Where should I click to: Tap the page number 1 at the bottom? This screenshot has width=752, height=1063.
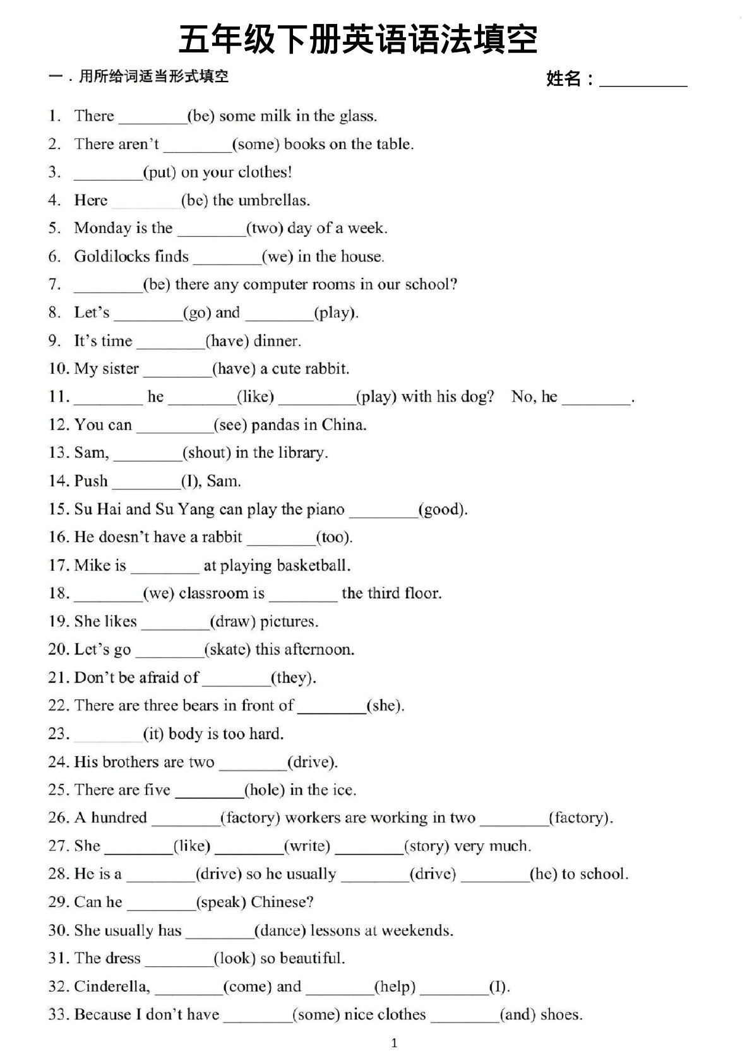pyautogui.click(x=395, y=1043)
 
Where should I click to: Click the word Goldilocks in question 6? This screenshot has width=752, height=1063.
pyautogui.click(x=131, y=256)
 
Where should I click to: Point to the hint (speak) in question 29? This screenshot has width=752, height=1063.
pyautogui.click(x=221, y=903)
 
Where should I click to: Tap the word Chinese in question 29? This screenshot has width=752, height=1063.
pyautogui.click(x=282, y=903)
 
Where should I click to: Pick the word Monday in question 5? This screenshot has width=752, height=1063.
pyautogui.click(x=97, y=228)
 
